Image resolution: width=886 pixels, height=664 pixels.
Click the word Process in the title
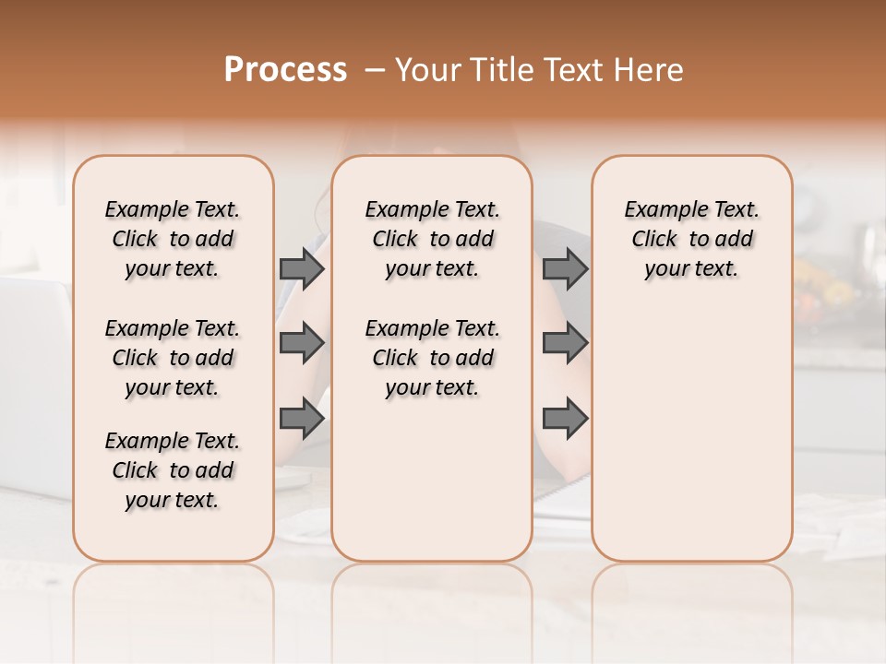tap(285, 70)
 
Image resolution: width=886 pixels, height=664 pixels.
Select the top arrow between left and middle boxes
tap(302, 268)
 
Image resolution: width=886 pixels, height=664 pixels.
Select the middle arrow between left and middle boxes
tap(302, 343)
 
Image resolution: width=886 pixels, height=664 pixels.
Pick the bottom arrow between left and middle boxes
tap(302, 419)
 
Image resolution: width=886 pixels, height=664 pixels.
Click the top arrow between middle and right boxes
tap(565, 268)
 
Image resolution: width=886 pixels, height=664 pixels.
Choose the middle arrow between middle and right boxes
tap(565, 343)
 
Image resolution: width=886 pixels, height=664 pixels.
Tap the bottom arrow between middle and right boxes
tap(565, 419)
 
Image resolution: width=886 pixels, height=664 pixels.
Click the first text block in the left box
tap(173, 239)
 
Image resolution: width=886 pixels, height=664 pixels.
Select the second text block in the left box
tap(173, 358)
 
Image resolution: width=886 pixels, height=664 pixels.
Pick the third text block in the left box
tap(173, 470)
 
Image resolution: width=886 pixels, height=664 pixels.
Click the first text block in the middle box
tap(432, 239)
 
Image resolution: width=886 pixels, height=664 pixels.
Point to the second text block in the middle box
tap(432, 358)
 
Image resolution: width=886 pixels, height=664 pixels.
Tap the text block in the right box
tap(692, 239)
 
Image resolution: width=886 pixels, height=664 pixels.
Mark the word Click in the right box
tap(654, 239)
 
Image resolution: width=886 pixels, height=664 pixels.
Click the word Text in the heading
tap(573, 70)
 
